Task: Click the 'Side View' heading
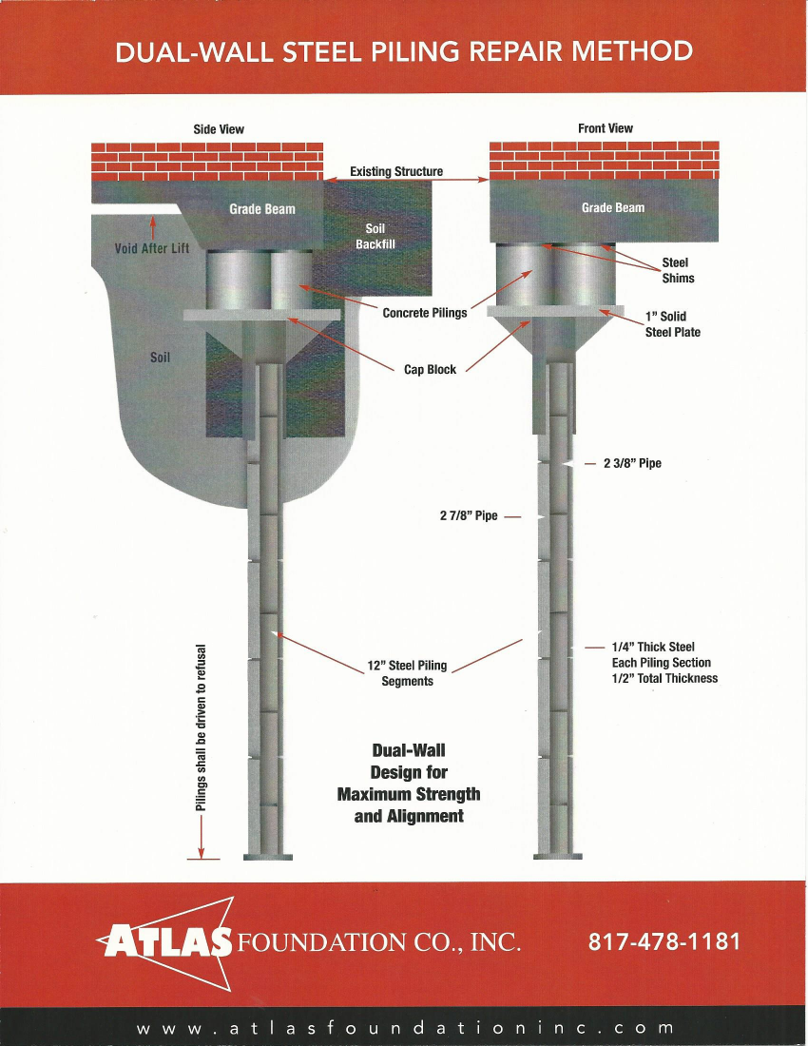pyautogui.click(x=219, y=129)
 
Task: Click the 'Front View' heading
pyautogui.click(x=605, y=128)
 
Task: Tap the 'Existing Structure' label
pyautogui.click(x=395, y=172)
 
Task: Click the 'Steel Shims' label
pyautogui.click(x=678, y=270)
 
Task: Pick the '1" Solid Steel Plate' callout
pyautogui.click(x=672, y=324)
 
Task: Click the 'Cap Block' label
pyautogui.click(x=430, y=370)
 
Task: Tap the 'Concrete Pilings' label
pyautogui.click(x=424, y=313)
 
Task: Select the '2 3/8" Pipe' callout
pyautogui.click(x=632, y=464)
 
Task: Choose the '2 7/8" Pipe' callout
pyautogui.click(x=469, y=516)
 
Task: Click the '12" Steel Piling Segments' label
pyautogui.click(x=407, y=673)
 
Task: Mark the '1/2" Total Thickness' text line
pyautogui.click(x=664, y=679)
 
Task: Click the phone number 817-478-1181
pyautogui.click(x=664, y=942)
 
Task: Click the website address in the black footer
pyautogui.click(x=405, y=1028)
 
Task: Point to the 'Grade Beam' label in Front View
pyautogui.click(x=612, y=207)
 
